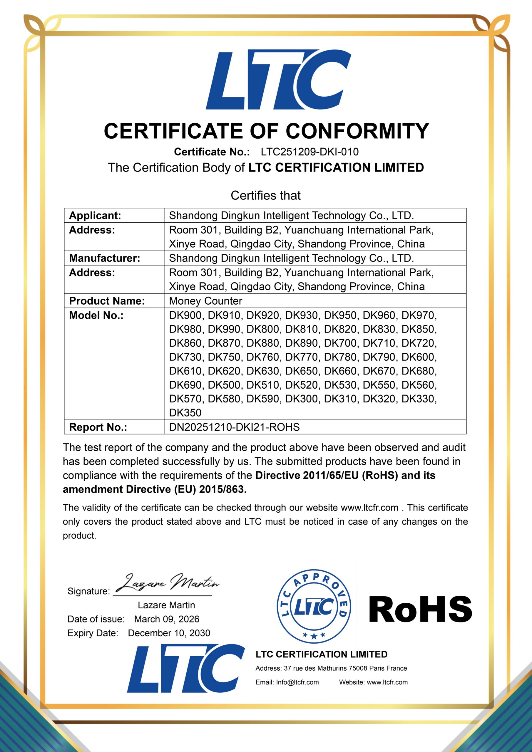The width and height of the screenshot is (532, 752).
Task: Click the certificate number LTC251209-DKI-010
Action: tap(310, 152)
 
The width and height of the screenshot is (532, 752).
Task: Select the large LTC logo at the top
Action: tap(278, 80)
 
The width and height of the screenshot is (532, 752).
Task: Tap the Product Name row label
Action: tap(107, 301)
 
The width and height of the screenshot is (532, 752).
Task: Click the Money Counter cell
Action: tap(205, 301)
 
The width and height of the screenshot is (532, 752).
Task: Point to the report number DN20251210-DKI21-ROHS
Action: tap(234, 427)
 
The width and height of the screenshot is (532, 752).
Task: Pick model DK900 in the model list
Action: tap(185, 315)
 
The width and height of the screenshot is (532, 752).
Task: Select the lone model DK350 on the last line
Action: tap(185, 413)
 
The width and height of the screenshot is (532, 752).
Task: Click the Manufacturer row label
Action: tap(105, 258)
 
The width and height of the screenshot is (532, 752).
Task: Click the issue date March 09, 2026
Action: tap(167, 619)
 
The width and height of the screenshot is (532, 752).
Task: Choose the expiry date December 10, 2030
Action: tap(169, 633)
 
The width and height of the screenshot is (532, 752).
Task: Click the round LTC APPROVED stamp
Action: tap(314, 606)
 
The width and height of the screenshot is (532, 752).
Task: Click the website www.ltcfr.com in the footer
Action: tap(387, 682)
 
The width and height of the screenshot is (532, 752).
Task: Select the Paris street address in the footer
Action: tap(345, 668)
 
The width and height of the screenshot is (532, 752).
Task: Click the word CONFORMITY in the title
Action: tap(357, 131)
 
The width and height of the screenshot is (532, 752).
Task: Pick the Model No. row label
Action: tap(96, 315)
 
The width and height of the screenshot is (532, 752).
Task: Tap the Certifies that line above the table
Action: tap(265, 196)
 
